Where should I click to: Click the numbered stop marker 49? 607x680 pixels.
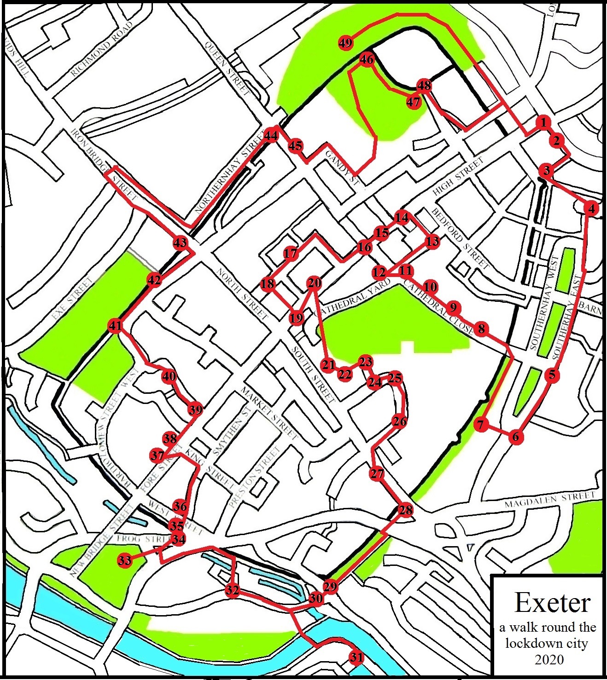coord(345,43)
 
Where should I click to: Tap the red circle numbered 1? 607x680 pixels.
coord(543,122)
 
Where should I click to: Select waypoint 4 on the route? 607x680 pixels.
coord(591,209)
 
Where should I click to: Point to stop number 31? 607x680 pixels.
coord(356,657)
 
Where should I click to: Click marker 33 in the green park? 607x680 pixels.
coord(124,560)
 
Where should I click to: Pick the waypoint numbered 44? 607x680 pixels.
coord(271,136)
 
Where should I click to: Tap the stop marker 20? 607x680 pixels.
coord(314,282)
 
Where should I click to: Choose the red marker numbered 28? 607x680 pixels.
coord(405,510)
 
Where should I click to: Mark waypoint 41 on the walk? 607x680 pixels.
coord(115,326)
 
